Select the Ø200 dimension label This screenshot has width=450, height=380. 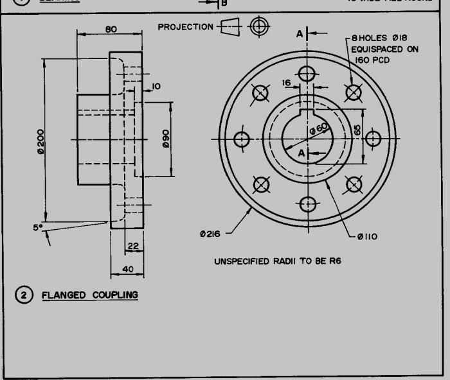40,142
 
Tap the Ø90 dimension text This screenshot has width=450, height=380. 165,139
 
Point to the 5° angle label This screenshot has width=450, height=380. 39,226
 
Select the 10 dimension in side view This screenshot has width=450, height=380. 156,86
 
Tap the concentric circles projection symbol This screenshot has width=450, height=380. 260,26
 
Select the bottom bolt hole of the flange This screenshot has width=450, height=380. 307,204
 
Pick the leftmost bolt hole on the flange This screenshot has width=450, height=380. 242,139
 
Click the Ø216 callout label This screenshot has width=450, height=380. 210,234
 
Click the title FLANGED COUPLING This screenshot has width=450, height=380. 89,295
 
